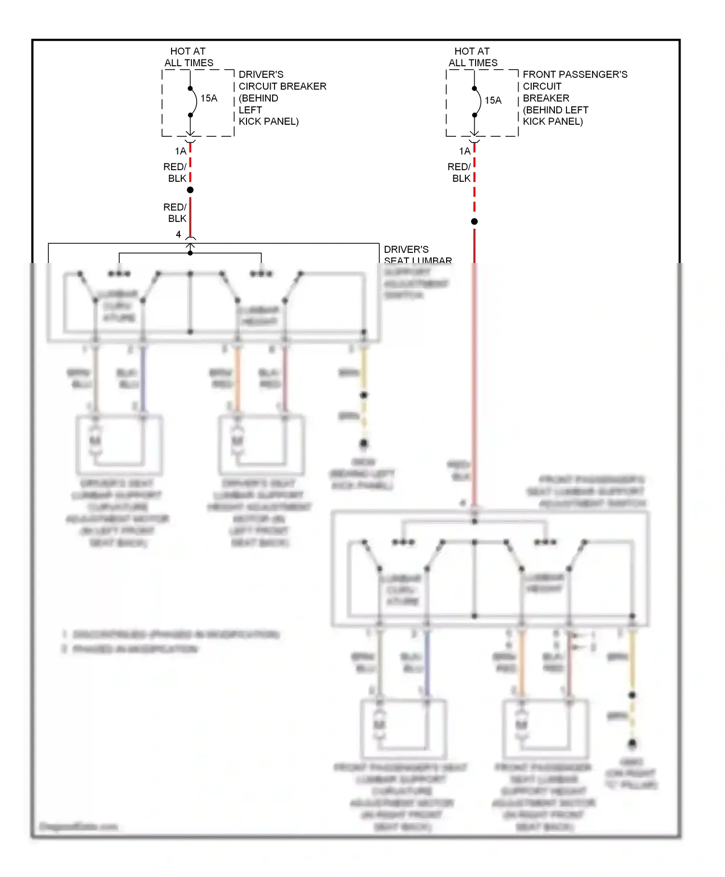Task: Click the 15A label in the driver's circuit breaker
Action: tap(209, 98)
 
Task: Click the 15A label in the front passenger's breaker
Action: tap(493, 100)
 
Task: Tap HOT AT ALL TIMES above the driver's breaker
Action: tap(188, 57)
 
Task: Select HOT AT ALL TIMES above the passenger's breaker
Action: tap(472, 57)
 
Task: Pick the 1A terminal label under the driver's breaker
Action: tap(180, 151)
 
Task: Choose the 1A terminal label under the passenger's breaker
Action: tap(464, 151)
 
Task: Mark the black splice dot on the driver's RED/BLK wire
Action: tap(190, 190)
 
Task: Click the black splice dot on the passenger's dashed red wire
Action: tap(475, 221)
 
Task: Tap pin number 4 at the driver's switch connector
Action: tap(178, 234)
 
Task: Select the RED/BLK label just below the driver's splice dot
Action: tap(175, 213)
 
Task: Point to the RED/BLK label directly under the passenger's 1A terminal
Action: tap(460, 173)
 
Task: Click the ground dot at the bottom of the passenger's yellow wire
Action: tap(632, 743)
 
